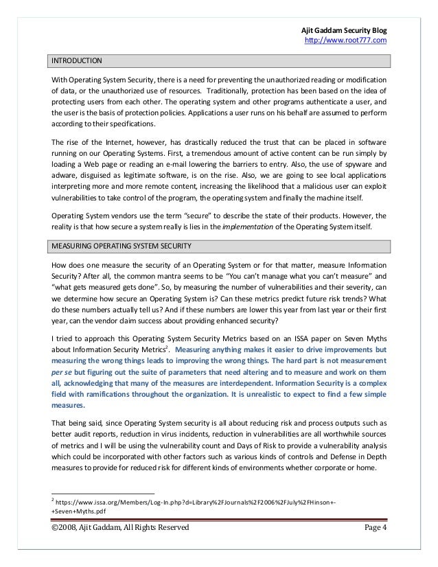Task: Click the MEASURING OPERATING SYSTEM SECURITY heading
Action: point(120,246)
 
